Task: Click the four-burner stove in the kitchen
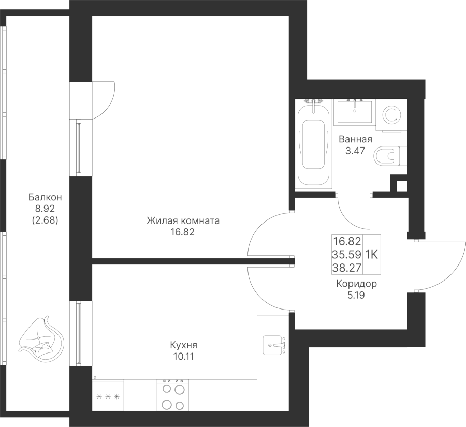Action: pos(171,396)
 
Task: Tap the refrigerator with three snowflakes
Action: pos(108,397)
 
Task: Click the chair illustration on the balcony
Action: pos(41,341)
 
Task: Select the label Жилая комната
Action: pos(183,221)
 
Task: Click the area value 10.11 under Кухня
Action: pos(184,357)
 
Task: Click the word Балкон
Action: pos(46,197)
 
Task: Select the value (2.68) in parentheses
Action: pos(46,219)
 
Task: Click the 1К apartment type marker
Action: pos(372,254)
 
